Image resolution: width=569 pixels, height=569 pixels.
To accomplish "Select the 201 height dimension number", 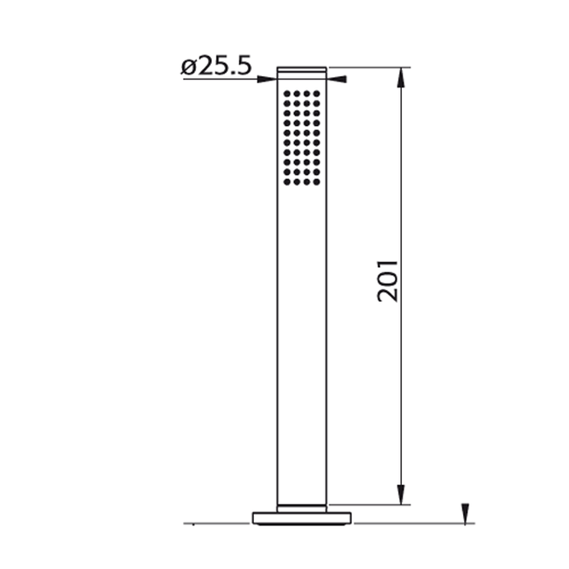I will [x=388, y=279].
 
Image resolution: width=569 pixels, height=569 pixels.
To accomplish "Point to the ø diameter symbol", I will [x=189, y=67].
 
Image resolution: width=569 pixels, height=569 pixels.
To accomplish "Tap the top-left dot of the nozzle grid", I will [x=286, y=93].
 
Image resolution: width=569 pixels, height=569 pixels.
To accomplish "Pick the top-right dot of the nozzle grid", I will [x=318, y=93].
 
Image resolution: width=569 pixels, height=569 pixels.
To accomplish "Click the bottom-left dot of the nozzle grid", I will [x=286, y=182].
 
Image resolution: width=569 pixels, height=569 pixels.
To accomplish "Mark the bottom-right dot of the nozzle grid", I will [x=318, y=182].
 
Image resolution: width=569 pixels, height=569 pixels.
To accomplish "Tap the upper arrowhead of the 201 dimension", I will [x=402, y=77].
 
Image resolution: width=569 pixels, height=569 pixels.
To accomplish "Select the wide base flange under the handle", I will [x=302, y=517].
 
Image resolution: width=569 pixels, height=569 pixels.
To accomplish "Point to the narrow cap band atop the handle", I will [x=302, y=70].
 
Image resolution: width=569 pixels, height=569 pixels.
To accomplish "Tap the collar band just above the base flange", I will [x=302, y=507].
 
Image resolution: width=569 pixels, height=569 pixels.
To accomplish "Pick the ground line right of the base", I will [x=411, y=523].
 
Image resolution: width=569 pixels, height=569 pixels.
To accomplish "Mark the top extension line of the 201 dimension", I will [x=368, y=67].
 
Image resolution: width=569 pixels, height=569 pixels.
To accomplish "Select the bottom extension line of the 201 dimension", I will [x=368, y=504].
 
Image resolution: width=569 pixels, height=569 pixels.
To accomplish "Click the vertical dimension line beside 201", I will [x=402, y=175].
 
